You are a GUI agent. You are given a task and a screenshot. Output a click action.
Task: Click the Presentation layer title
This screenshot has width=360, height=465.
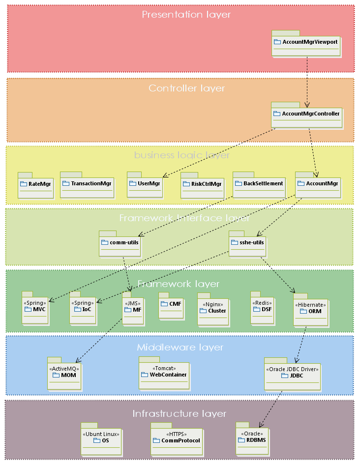186,15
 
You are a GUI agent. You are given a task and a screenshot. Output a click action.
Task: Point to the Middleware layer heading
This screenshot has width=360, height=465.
180,348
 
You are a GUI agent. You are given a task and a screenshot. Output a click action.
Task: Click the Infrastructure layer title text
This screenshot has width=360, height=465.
180,414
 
